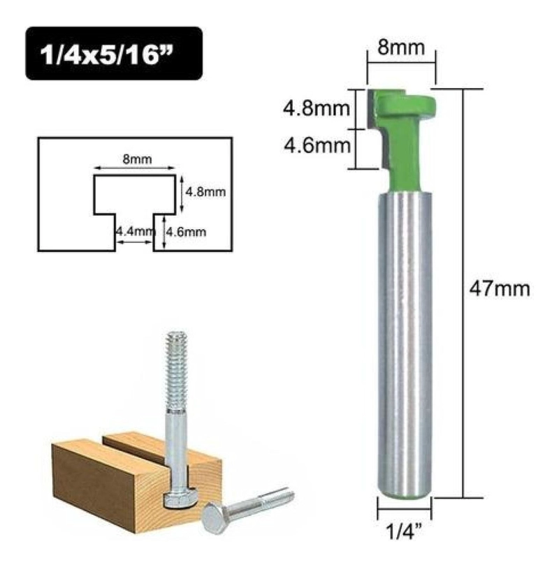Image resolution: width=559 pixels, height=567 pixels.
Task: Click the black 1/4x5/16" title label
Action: (114, 53)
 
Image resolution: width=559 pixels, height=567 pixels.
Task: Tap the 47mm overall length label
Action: (500, 289)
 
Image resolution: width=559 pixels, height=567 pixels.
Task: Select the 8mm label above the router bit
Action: (401, 47)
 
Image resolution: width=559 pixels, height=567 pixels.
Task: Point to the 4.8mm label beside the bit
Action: (317, 108)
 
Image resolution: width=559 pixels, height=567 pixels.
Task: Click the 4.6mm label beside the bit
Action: (317, 146)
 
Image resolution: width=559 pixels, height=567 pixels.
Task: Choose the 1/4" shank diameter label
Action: (404, 530)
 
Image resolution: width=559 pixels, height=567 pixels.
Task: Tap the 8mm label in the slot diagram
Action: (137, 159)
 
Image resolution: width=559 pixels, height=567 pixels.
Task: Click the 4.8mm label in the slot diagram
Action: (205, 191)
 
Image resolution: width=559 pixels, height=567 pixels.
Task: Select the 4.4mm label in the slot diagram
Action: (134, 231)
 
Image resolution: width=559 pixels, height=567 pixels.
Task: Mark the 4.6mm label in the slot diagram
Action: (186, 232)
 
